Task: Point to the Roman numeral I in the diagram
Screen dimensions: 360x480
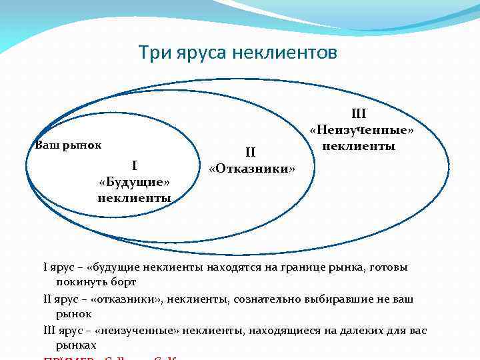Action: pos(134,166)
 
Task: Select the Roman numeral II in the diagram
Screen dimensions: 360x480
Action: pos(251,153)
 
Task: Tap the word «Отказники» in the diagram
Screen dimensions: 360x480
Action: pos(251,168)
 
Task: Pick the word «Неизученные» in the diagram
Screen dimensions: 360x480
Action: pos(361,130)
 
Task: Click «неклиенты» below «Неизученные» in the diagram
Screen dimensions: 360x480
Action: pos(359,145)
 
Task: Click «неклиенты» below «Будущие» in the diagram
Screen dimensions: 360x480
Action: pos(134,198)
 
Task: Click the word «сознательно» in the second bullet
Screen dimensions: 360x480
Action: pos(263,299)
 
